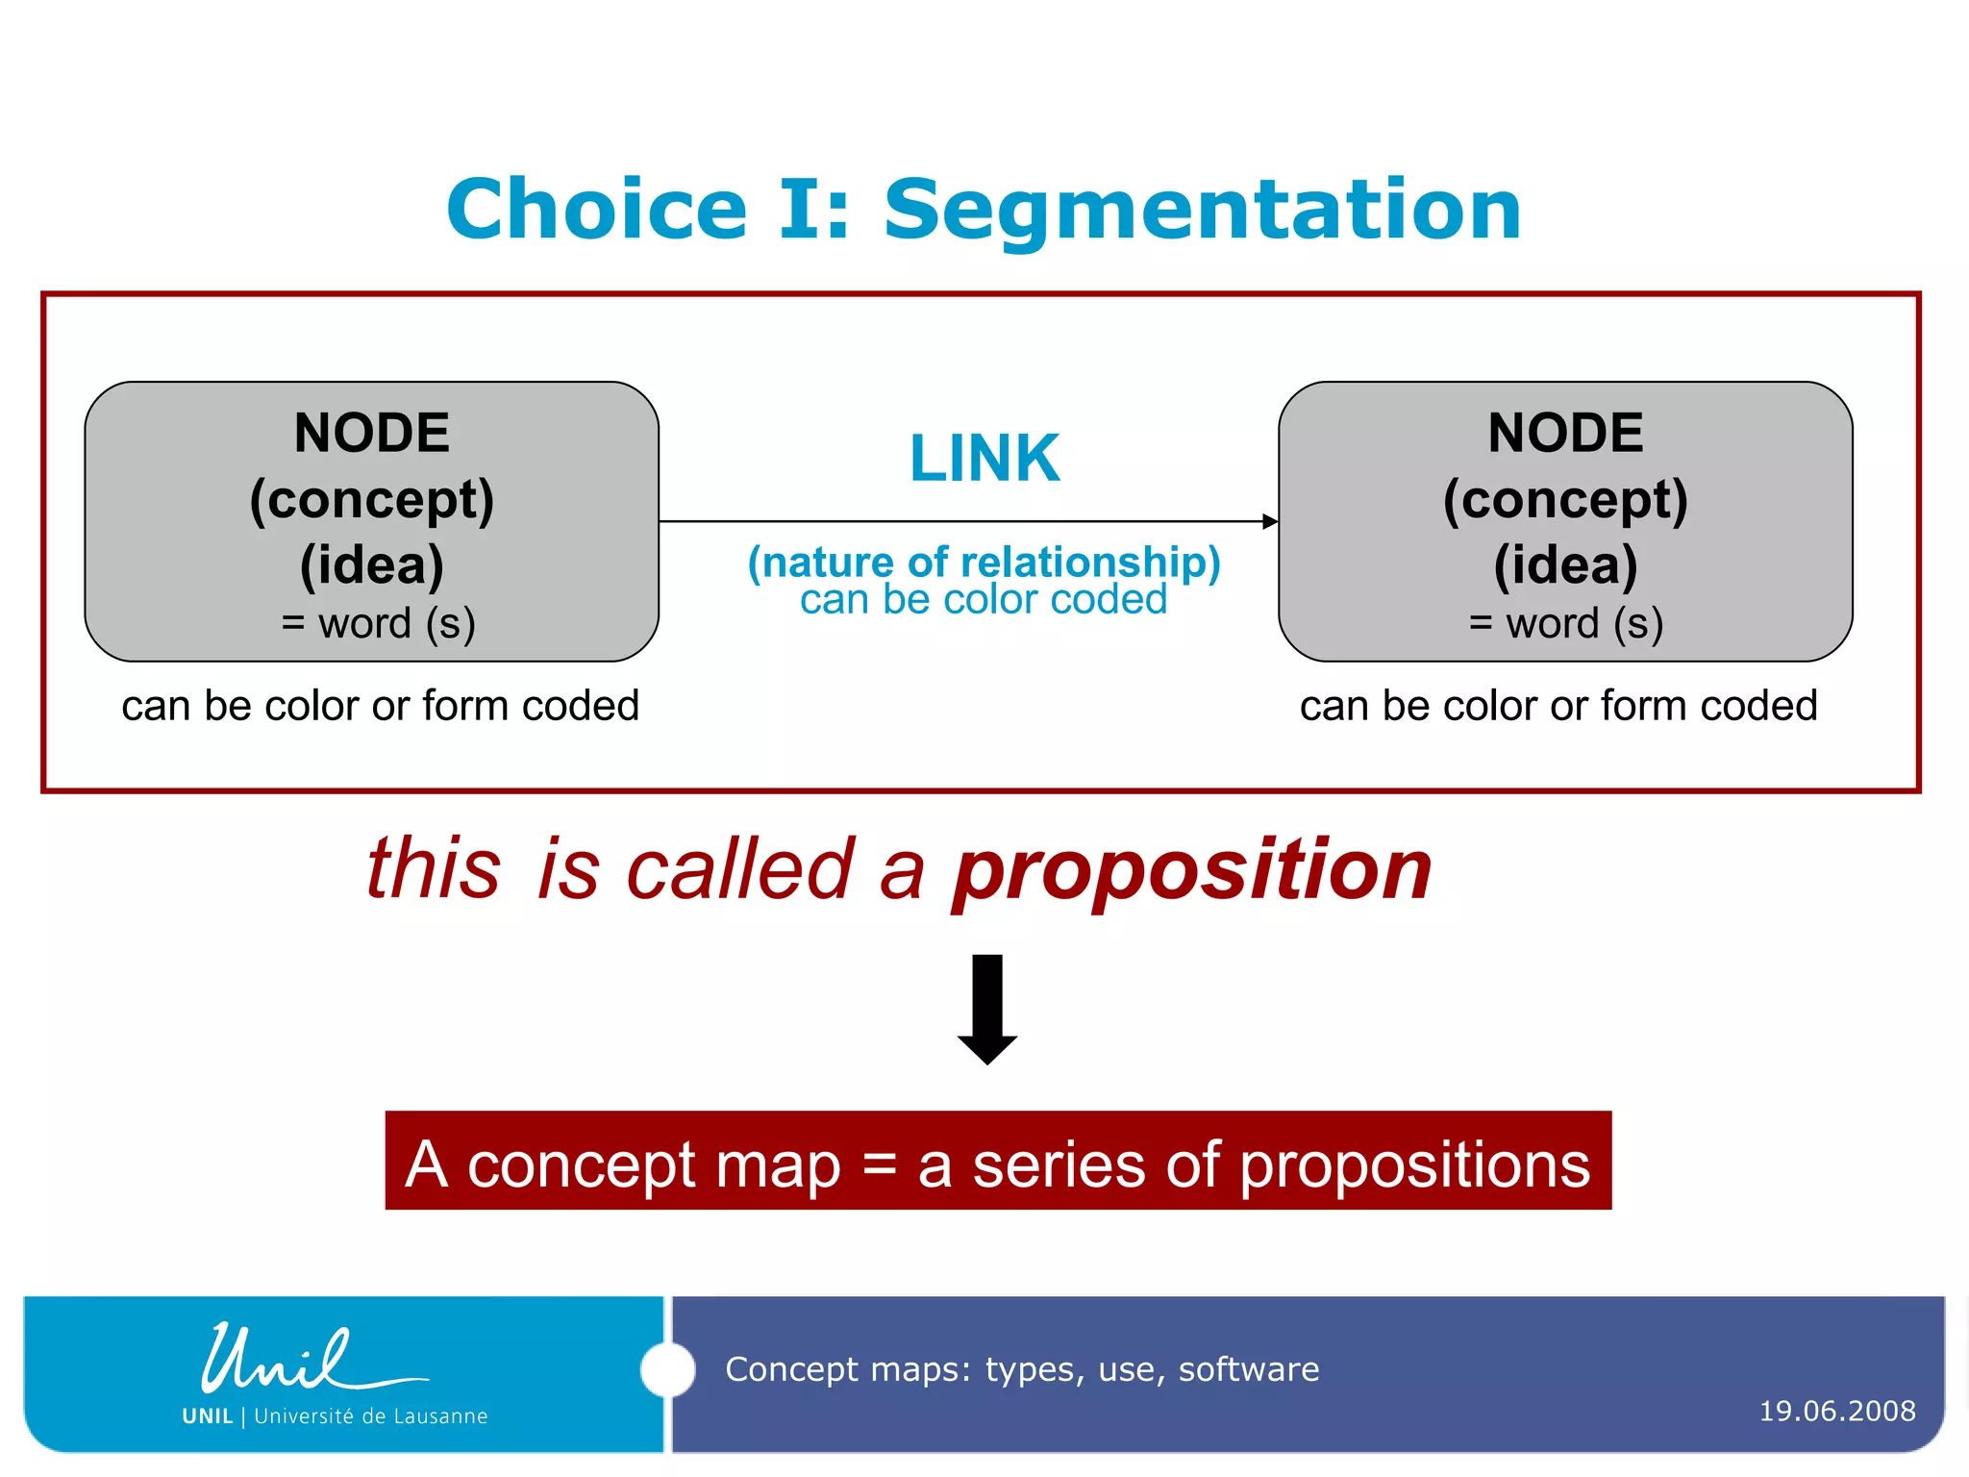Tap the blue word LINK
984,459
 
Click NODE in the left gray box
372,433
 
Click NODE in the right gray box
1565,433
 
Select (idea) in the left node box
372,564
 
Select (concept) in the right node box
1565,500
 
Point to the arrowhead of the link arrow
1270,521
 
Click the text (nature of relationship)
984,563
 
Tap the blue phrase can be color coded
984,600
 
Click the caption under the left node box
381,706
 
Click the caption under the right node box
1558,706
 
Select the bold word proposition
1192,870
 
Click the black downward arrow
987,1010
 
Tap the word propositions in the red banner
1414,1165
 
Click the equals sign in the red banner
879,1165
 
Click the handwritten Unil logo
288,1361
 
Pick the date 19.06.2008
1837,1411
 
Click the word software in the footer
1249,1368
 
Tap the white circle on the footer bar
667,1369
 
